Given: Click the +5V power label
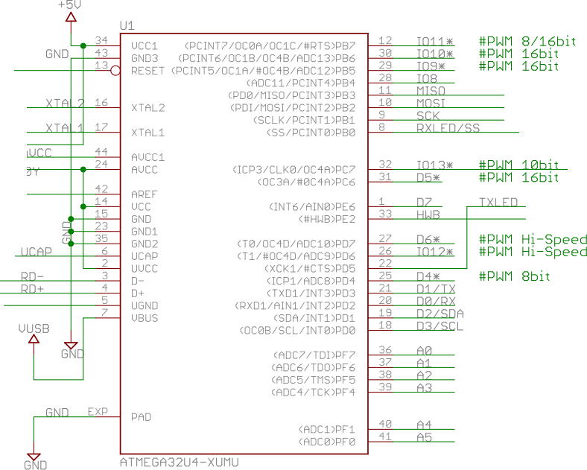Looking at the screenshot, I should (x=68, y=5).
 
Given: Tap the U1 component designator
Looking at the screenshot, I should (x=127, y=26).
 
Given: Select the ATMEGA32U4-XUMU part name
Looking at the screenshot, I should (x=179, y=462).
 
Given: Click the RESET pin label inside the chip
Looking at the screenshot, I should (x=147, y=71).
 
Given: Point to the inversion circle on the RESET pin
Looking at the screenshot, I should (x=115, y=72).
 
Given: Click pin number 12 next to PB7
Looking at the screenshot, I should (x=386, y=41).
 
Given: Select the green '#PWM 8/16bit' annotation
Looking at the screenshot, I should (x=527, y=42).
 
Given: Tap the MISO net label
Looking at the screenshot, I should (x=432, y=90).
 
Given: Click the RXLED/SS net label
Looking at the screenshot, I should (x=448, y=127).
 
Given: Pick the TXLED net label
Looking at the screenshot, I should (x=498, y=201).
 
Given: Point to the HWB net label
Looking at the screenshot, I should (x=428, y=215).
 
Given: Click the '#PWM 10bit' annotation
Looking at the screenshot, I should (x=518, y=165).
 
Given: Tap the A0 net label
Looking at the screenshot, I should (x=424, y=350).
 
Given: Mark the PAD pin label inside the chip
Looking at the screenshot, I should (x=141, y=417).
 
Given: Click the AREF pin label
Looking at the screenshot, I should (x=143, y=194).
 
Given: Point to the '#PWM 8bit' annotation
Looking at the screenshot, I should (x=515, y=276).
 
